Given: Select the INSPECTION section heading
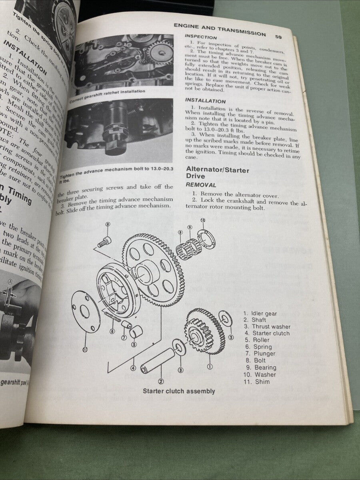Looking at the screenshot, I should [x=201, y=37].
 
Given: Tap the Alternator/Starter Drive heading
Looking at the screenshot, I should [x=217, y=173].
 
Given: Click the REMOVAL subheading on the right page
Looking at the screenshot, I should [x=201, y=185].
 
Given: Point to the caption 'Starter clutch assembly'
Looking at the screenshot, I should [x=179, y=391].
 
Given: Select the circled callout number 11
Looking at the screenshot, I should [x=84, y=349].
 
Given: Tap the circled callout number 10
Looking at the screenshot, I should [x=202, y=220].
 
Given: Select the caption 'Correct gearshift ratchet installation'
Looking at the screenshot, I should [x=107, y=96].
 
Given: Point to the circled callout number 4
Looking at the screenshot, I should [x=133, y=368].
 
